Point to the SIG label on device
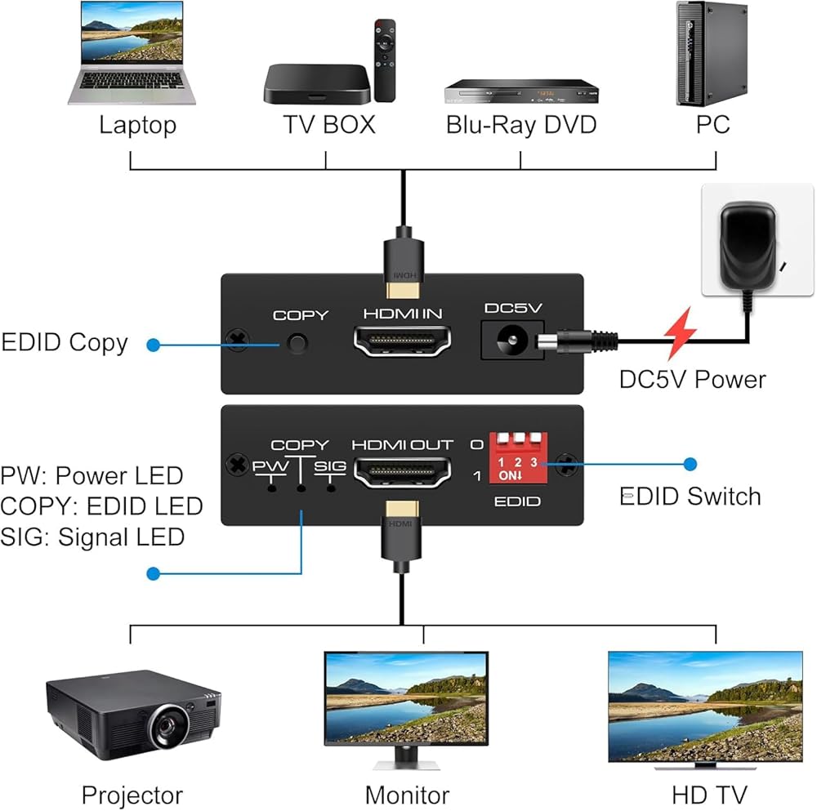point(330,466)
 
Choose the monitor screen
point(406,698)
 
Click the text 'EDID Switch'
point(690,497)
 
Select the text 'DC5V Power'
point(693,379)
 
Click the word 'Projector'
point(132,795)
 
